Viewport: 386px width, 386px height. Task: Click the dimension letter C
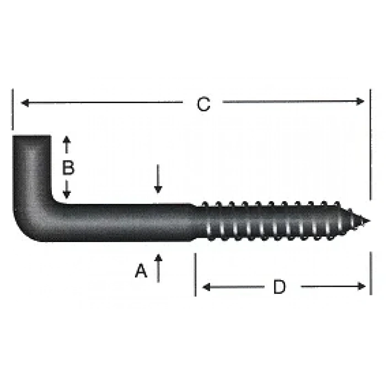tap(204, 104)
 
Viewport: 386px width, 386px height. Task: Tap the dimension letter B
tap(68, 168)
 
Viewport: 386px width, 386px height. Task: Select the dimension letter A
tap(142, 271)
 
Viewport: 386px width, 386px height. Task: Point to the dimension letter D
tap(280, 287)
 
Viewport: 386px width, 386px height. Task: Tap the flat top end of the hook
tap(31, 137)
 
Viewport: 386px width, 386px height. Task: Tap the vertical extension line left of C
tap(12, 110)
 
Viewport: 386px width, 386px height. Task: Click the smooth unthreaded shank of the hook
tap(127, 223)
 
